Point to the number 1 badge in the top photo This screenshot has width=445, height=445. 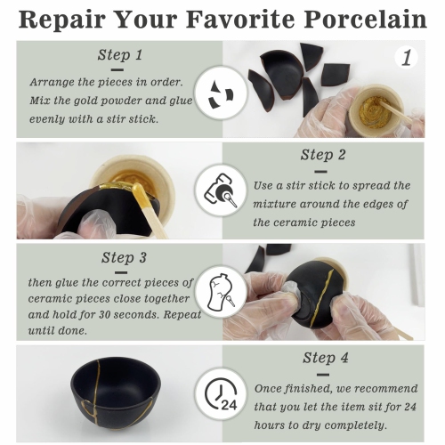pyautogui.click(x=406, y=60)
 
